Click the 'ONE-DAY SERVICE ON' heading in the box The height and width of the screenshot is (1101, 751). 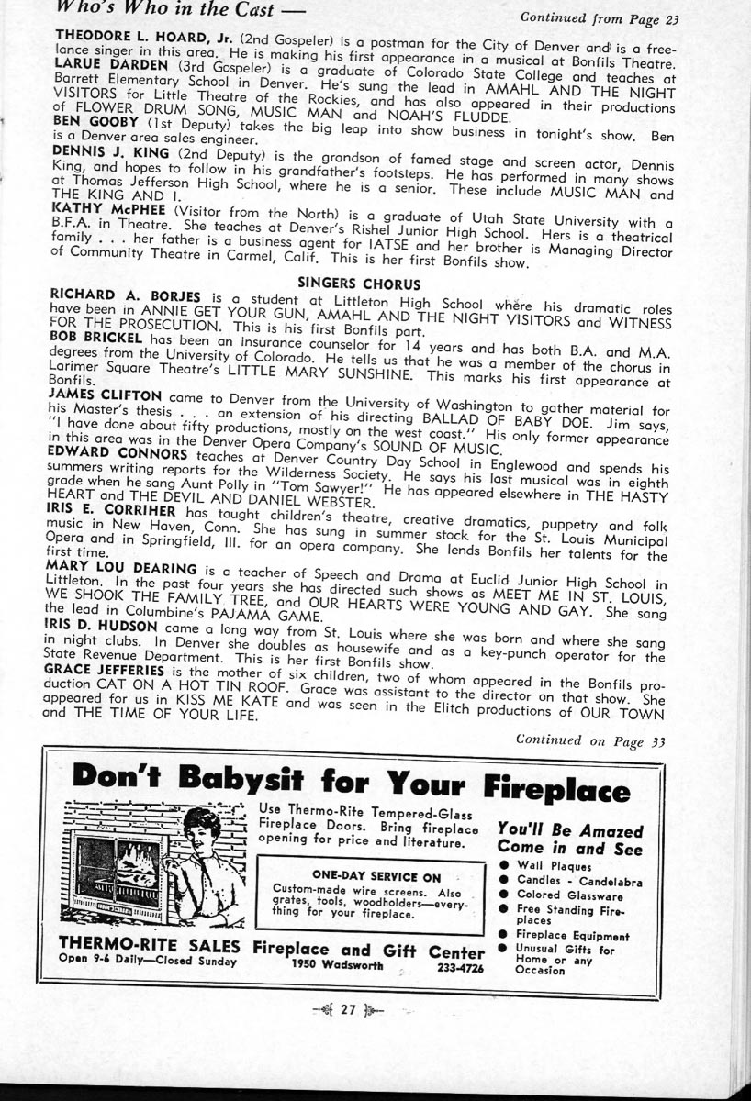(x=376, y=875)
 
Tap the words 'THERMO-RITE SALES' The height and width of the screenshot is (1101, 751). (x=149, y=946)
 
